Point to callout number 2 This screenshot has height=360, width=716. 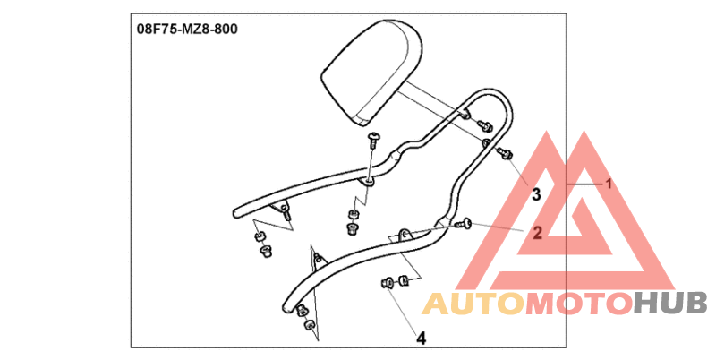pos(537,234)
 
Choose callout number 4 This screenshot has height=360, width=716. pos(420,338)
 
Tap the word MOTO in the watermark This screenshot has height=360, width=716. pos(578,304)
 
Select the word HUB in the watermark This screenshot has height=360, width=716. pos(670,304)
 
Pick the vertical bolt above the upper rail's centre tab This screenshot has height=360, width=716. pos(374,137)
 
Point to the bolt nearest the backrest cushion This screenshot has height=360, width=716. pos(489,124)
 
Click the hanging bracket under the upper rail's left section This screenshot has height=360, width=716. pos(285,212)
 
